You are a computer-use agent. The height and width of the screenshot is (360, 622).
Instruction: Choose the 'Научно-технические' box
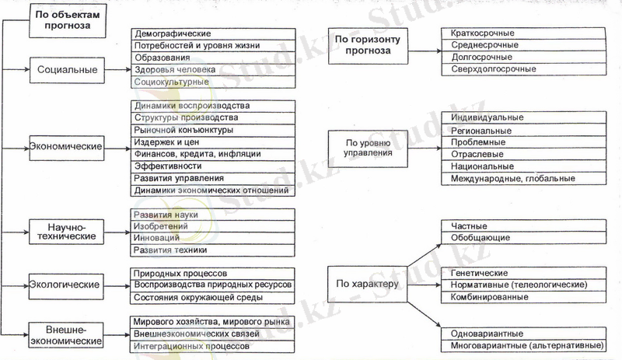(x=67, y=230)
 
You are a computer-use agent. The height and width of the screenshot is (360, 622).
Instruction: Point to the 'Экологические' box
(x=67, y=283)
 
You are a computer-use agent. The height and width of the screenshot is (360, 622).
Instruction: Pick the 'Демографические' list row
(x=212, y=35)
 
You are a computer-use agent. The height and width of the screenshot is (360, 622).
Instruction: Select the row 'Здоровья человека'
(x=212, y=70)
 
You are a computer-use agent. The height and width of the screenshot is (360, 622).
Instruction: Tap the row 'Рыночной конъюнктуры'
(x=212, y=130)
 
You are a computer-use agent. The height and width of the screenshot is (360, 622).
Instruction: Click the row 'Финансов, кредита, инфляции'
(x=212, y=154)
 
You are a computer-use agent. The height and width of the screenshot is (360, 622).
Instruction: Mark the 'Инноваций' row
(x=212, y=237)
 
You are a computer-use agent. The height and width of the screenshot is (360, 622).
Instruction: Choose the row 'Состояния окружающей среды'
(x=212, y=298)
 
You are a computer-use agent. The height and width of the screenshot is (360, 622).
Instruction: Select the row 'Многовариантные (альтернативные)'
(x=524, y=344)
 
